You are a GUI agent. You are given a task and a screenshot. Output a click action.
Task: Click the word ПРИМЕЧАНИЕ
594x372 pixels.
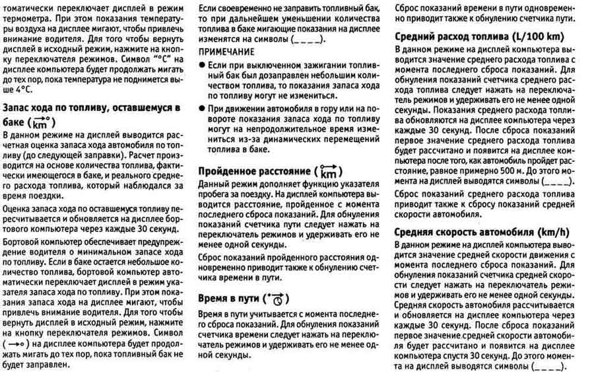[226, 51]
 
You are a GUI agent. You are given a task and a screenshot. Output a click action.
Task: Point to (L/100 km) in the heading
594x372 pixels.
[543, 37]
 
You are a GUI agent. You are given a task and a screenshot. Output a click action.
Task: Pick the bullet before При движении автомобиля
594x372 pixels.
[201, 106]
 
